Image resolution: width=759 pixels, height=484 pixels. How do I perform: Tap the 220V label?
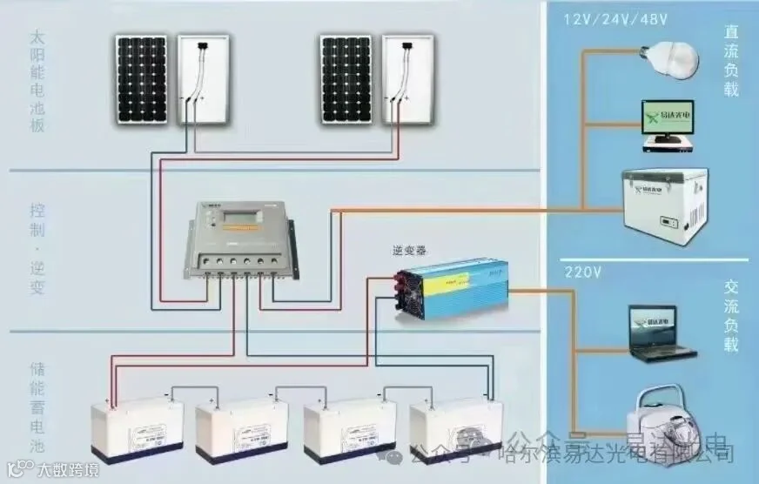[582, 272]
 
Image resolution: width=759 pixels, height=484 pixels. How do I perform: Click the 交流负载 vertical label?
[731, 314]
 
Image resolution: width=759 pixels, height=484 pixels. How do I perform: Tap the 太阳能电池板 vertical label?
[37, 83]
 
